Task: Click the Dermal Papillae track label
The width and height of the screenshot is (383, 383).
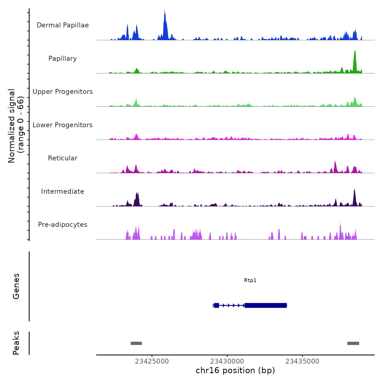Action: (63, 25)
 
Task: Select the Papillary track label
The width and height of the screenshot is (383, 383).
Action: (63, 59)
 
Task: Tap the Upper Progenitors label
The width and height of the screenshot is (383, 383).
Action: (63, 92)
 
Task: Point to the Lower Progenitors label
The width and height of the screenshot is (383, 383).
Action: (63, 125)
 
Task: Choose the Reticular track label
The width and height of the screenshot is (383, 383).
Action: (63, 158)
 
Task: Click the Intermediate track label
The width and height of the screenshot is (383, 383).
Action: (63, 191)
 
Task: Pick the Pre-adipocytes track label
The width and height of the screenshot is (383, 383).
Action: (63, 225)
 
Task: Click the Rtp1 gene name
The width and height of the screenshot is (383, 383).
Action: (250, 280)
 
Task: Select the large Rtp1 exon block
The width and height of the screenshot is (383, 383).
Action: (266, 305)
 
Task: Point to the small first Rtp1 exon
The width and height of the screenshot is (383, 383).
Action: (216, 305)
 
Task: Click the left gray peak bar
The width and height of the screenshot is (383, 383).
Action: (136, 343)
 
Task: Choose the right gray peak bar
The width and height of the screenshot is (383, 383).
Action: (353, 343)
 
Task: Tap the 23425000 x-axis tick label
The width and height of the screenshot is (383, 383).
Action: (152, 361)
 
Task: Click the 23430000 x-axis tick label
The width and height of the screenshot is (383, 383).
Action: (227, 361)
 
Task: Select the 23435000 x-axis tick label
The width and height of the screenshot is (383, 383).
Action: (302, 361)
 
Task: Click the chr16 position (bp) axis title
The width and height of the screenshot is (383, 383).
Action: (235, 370)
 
